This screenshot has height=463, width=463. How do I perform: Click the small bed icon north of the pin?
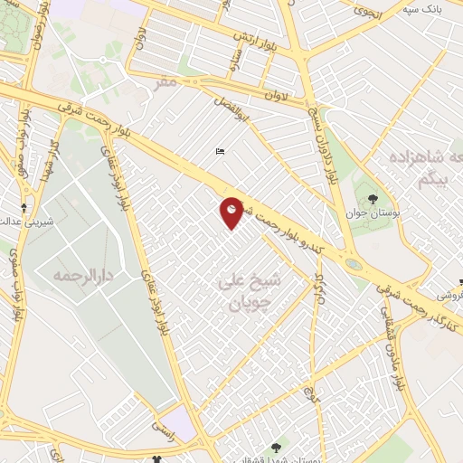220,151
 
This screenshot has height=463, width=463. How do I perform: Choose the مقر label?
162,84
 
